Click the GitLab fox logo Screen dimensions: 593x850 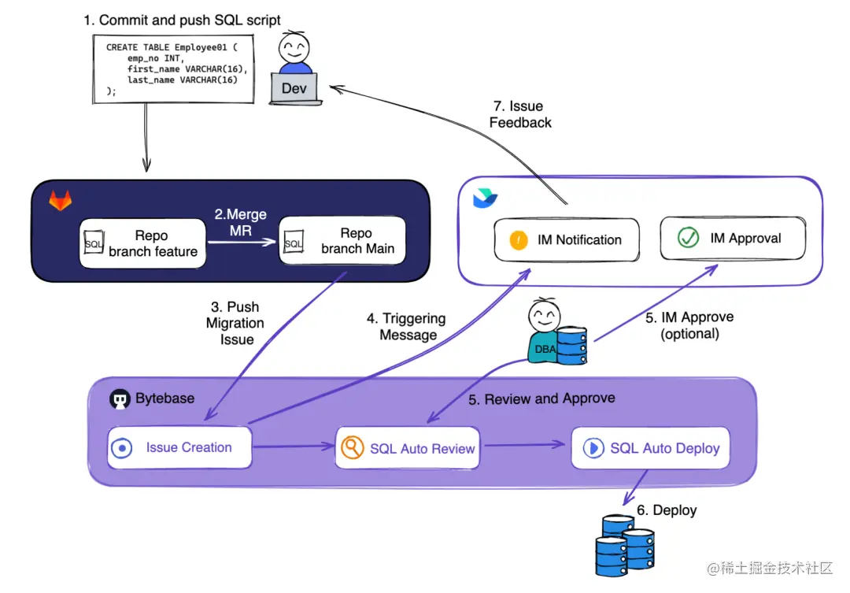[60, 201]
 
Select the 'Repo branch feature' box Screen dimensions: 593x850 [143, 244]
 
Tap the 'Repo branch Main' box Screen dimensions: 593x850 [342, 241]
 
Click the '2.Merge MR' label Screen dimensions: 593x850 [241, 222]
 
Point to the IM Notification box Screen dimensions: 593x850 [567, 240]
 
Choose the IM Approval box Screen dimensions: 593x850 [732, 238]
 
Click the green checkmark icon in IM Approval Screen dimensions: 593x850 [689, 238]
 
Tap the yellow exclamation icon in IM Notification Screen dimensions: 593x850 [519, 240]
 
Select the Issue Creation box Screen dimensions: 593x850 [179, 448]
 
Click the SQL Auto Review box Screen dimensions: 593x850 [409, 449]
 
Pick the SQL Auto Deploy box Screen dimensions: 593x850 [650, 448]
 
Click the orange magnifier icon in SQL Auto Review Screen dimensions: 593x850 [351, 447]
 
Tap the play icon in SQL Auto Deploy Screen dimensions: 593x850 [592, 448]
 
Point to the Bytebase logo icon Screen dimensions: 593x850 [119, 399]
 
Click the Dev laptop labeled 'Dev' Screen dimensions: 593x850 [294, 89]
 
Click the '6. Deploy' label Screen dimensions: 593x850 [667, 510]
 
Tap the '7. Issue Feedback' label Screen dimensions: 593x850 [520, 114]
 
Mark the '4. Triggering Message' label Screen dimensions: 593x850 [407, 327]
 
